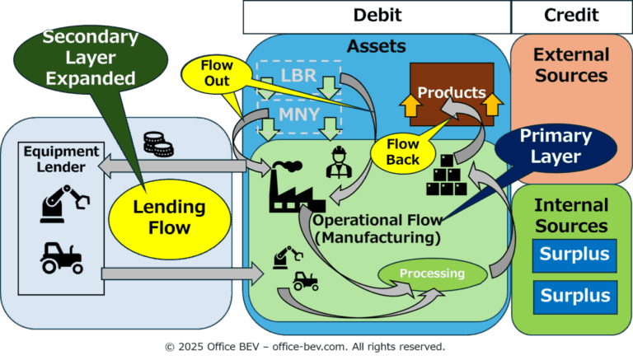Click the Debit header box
(x=377, y=17)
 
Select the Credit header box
(x=572, y=17)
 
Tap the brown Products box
(x=452, y=94)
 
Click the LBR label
(x=298, y=76)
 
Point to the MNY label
(x=299, y=115)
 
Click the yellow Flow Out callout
(x=217, y=73)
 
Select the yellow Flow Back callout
(x=403, y=152)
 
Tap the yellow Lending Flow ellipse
(x=170, y=217)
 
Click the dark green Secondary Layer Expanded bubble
(x=91, y=58)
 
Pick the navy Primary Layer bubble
(x=556, y=147)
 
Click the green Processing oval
(x=433, y=274)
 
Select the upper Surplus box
(x=574, y=255)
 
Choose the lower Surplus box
(x=574, y=297)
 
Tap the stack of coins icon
(x=158, y=144)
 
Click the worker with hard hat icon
(x=339, y=162)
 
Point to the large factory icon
(x=297, y=186)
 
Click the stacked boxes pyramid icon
(x=447, y=175)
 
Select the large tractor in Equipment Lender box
(x=62, y=259)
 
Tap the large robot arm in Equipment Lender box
(x=64, y=203)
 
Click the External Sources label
(x=571, y=65)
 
